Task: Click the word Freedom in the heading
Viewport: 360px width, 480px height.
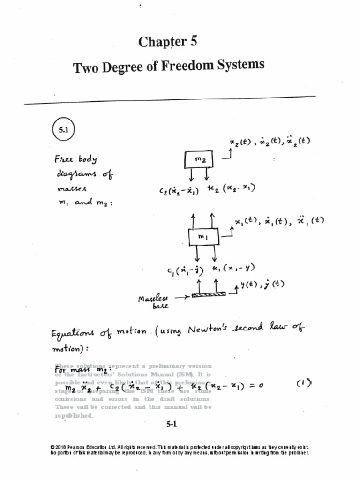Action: pyautogui.click(x=185, y=66)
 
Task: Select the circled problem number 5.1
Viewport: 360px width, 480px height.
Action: pyautogui.click(x=63, y=130)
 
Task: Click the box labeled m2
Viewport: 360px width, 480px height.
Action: pyautogui.click(x=199, y=160)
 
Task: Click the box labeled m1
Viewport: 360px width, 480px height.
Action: pyautogui.click(x=203, y=237)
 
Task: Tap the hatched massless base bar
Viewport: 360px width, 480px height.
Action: pyautogui.click(x=209, y=294)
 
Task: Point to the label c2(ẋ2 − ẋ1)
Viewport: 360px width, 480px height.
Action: pyautogui.click(x=179, y=190)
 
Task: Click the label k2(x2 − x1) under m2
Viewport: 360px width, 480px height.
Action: pyautogui.click(x=232, y=188)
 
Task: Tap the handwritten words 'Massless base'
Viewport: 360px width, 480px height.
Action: pyautogui.click(x=153, y=302)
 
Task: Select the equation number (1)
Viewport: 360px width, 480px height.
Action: pyautogui.click(x=304, y=383)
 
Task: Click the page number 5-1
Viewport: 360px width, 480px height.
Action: pyautogui.click(x=172, y=424)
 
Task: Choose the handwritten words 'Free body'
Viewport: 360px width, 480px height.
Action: pyautogui.click(x=75, y=159)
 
